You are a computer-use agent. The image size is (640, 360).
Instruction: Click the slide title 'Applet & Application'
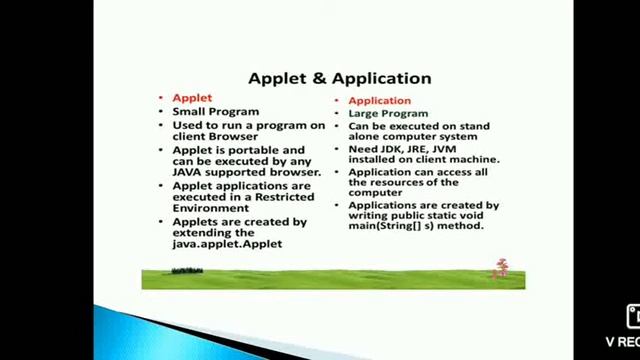(339, 78)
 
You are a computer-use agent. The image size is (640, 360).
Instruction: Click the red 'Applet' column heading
(192, 98)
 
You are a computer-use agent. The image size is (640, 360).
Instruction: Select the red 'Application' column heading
(379, 100)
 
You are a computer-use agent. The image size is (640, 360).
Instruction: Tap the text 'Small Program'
(215, 112)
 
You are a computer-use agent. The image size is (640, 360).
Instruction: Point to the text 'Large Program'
(388, 114)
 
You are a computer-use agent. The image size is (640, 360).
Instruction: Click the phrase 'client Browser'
(215, 136)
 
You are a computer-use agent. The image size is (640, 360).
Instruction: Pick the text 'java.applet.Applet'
(227, 243)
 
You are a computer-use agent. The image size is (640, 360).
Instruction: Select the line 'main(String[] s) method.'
(416, 226)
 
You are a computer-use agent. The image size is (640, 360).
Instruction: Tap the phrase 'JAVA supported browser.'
(247, 172)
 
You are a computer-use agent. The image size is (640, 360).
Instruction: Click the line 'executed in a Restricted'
(243, 197)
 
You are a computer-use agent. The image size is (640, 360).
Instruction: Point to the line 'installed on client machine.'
(424, 160)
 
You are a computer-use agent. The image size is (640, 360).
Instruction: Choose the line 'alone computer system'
(413, 137)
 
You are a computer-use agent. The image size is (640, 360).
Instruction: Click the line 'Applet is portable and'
(239, 150)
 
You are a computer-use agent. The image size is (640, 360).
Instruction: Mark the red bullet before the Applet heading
(160, 98)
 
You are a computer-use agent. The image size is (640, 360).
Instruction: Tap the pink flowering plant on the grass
(502, 268)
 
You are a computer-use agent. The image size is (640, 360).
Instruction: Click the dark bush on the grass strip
(187, 270)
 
